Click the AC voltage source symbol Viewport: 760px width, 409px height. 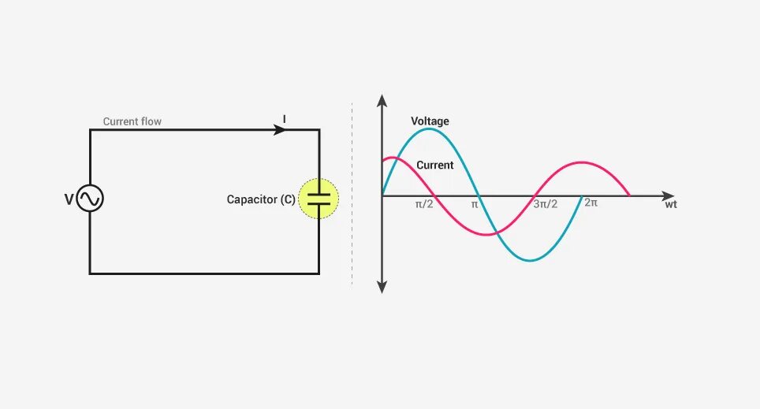90,199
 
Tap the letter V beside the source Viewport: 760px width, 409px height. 69,200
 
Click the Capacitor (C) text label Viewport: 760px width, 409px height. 261,200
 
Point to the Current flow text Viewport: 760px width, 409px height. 132,122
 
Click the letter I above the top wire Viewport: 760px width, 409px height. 285,119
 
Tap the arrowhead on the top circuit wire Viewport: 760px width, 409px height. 280,130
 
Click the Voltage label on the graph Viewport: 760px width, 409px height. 430,121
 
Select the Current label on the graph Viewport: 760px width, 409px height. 434,165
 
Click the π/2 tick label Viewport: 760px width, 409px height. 424,204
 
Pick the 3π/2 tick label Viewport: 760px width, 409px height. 546,204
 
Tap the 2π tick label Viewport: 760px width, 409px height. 590,203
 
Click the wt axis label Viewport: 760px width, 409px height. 671,204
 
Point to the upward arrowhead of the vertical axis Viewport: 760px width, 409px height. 382,100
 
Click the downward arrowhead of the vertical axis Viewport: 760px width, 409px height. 382,288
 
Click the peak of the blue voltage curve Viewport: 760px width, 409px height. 428,129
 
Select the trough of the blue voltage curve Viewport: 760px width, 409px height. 532,260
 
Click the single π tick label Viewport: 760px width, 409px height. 475,204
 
